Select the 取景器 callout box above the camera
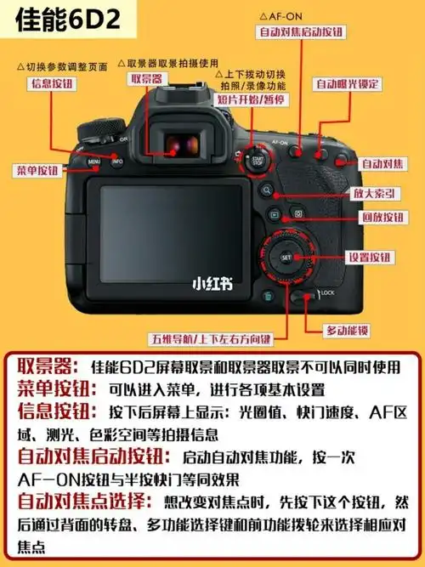[147, 79]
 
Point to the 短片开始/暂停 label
[250, 99]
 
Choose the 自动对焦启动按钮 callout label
[301, 31]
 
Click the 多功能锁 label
[348, 329]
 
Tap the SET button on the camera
[286, 256]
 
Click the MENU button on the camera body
[93, 160]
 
